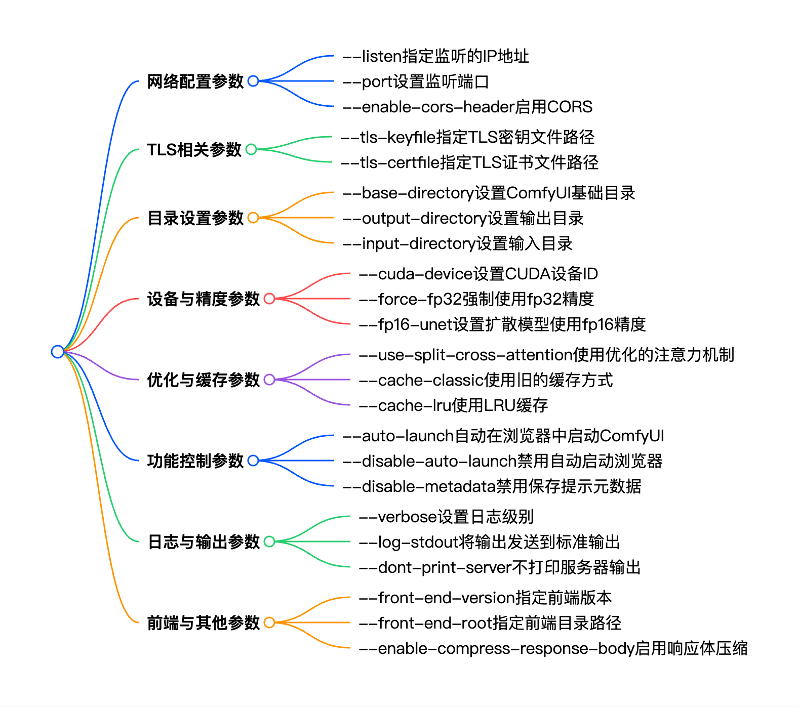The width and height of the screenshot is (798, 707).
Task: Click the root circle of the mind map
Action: point(58,351)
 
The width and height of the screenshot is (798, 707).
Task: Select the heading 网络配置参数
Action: point(195,81)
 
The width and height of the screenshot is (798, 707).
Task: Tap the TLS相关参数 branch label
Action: point(194,150)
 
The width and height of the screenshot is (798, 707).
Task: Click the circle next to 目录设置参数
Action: point(253,218)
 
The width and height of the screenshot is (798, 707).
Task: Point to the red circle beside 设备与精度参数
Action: point(269,299)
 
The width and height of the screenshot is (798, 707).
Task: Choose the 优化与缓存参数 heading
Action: point(203,380)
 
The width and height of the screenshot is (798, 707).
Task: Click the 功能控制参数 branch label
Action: point(195,461)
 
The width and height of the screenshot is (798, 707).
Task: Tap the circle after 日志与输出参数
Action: point(269,542)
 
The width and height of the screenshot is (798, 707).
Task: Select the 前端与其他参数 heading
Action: point(203,622)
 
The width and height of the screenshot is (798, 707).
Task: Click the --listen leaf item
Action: point(435,56)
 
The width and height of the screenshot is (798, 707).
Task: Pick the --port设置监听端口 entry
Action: point(415,81)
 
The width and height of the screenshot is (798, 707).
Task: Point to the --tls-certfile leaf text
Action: point(469,162)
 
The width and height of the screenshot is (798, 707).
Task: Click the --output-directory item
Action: point(463,218)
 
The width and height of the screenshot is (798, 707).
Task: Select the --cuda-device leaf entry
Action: point(478,274)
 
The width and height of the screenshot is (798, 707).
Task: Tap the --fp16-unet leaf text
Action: point(502,324)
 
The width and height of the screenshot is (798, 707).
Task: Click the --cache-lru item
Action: point(453,405)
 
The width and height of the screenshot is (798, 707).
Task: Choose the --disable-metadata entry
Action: point(492,486)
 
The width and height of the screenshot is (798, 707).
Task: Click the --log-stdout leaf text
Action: point(489,542)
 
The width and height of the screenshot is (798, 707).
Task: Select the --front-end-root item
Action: point(490,623)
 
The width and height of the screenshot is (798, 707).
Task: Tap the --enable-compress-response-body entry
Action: point(553,648)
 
